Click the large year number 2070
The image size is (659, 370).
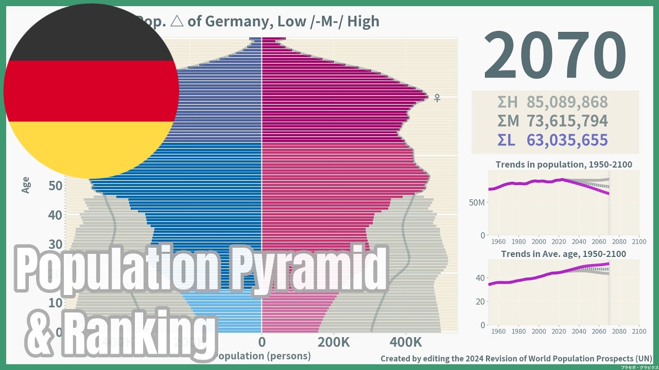[554, 55]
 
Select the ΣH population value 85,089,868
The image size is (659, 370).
[567, 102]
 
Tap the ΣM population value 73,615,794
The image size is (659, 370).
[567, 121]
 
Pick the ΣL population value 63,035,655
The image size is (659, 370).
[567, 140]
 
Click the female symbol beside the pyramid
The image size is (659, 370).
[437, 98]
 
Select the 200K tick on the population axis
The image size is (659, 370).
[334, 342]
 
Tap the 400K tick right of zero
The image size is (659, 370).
[405, 342]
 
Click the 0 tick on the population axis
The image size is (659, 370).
[262, 342]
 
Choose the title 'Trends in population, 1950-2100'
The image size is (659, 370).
[564, 165]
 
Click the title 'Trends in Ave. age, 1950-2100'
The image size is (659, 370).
[564, 254]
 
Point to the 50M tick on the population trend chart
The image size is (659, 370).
[477, 202]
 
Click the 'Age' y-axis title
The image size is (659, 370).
[26, 185]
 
